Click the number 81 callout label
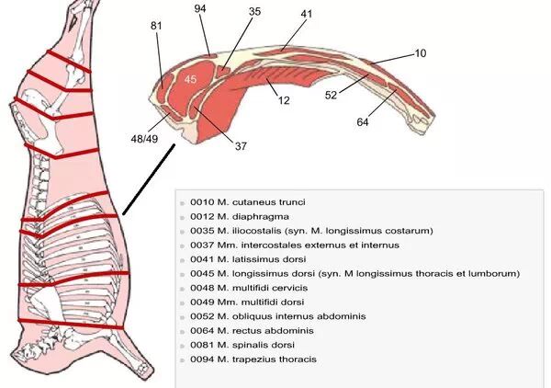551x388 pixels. (x=155, y=26)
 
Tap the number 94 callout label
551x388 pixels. (x=201, y=8)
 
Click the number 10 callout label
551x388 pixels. (x=421, y=54)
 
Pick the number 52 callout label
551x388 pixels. (x=332, y=94)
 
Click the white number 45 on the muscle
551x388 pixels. (x=190, y=80)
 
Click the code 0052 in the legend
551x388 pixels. (x=203, y=316)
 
